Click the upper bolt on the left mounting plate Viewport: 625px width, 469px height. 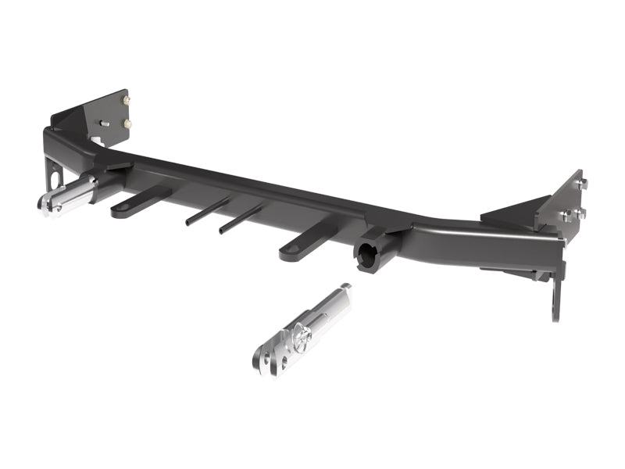click(126, 99)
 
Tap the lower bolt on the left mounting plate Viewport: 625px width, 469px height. click(127, 123)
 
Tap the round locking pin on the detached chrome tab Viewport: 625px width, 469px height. click(303, 334)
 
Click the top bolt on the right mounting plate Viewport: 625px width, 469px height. click(581, 184)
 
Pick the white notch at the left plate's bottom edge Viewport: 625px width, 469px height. click(95, 141)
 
